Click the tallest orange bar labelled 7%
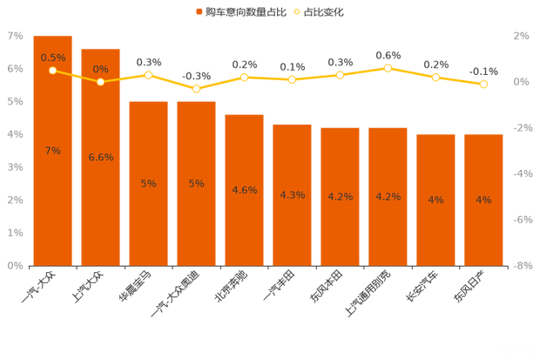[x=53, y=174]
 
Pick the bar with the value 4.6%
[x=245, y=209]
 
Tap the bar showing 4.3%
[x=293, y=218]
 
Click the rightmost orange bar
[x=483, y=222]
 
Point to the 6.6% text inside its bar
[x=101, y=157]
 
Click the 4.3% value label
[x=293, y=194]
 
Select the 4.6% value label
[x=245, y=189]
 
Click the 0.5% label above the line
[x=53, y=58]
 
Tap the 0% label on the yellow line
[x=101, y=69]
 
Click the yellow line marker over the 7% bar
[x=53, y=71]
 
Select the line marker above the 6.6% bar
[x=101, y=82]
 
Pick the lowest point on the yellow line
[x=197, y=89]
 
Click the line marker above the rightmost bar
[x=484, y=85]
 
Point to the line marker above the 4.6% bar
[x=245, y=78]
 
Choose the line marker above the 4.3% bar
[x=293, y=79]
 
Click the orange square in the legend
[x=199, y=12]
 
